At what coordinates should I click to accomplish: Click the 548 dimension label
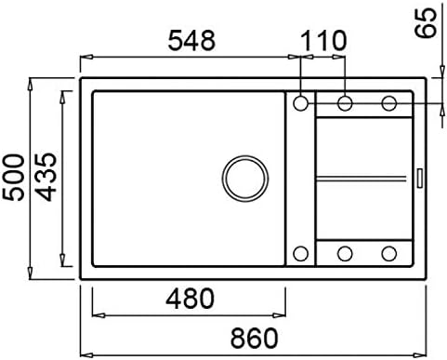click(191, 41)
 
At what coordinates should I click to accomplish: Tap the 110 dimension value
click(323, 41)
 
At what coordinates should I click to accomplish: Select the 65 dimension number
click(426, 23)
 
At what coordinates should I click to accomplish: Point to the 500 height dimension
click(13, 178)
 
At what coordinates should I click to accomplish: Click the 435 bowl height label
click(46, 177)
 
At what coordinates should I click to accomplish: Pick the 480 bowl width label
click(190, 299)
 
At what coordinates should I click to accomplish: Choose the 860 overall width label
click(255, 338)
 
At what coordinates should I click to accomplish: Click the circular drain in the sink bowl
click(245, 179)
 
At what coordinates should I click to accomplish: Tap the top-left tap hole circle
click(300, 103)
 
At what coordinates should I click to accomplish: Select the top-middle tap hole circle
click(345, 103)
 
